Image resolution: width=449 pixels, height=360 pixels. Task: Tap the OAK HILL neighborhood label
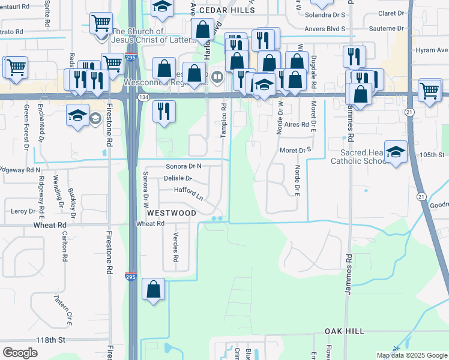tap(344, 331)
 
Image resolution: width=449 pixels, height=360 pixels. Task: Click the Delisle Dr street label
tap(178, 178)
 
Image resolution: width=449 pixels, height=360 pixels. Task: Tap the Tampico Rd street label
tap(223, 120)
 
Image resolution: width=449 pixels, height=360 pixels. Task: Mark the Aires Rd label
tap(297, 124)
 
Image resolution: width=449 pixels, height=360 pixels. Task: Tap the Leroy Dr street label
tap(23, 211)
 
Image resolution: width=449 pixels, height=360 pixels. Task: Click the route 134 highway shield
tap(143, 97)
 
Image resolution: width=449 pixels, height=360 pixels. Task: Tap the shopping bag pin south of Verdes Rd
tap(154, 289)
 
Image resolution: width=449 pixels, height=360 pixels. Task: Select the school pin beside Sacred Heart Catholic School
tap(396, 151)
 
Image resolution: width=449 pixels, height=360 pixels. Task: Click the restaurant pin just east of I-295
tap(161, 110)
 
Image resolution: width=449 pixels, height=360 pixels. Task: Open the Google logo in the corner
tap(20, 353)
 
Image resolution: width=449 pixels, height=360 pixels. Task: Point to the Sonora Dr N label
tap(184, 166)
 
